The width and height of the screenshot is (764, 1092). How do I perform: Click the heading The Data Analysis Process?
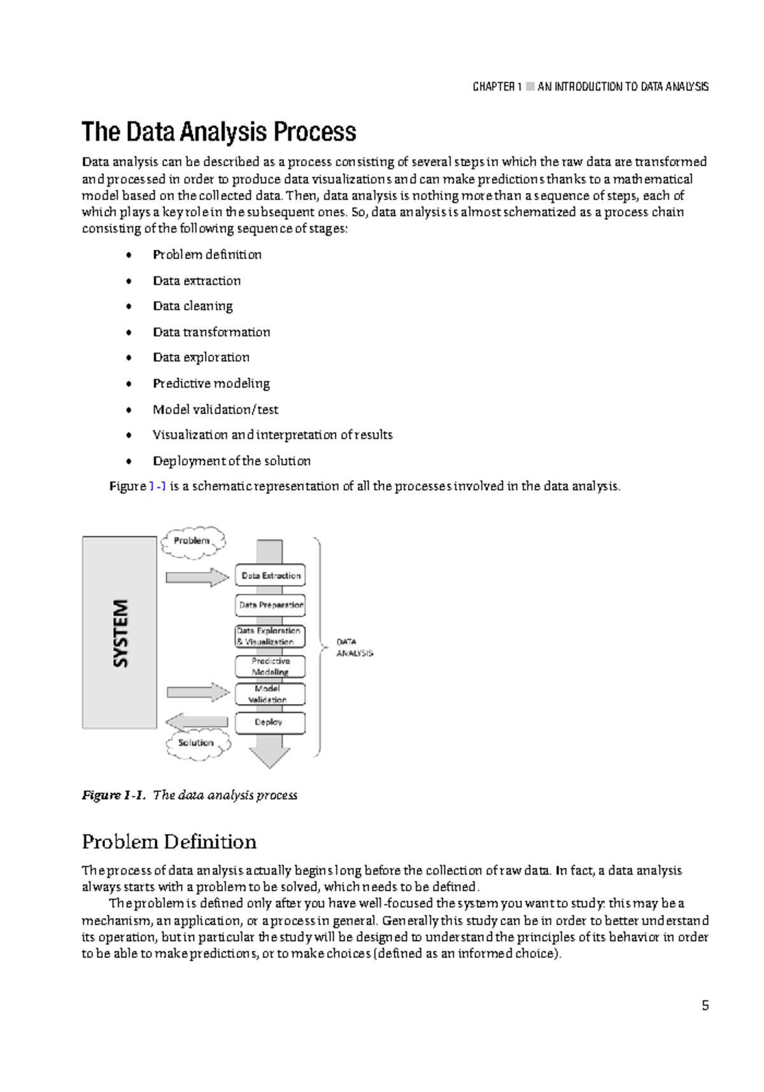click(x=218, y=132)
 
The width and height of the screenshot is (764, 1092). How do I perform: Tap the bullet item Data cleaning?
click(x=192, y=306)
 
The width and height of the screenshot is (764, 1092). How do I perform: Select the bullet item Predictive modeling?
click(x=211, y=383)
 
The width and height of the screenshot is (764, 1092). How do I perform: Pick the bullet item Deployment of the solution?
click(x=231, y=461)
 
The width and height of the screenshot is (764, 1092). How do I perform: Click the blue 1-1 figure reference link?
click(x=157, y=486)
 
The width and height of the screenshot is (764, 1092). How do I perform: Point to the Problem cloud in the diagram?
click(x=193, y=541)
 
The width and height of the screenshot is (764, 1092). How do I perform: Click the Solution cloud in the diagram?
click(x=197, y=743)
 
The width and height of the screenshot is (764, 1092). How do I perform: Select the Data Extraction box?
click(x=271, y=575)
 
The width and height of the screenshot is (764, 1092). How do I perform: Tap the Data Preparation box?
click(x=271, y=605)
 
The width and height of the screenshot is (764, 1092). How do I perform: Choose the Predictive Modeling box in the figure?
click(x=270, y=666)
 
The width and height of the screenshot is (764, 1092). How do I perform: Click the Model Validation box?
click(x=270, y=694)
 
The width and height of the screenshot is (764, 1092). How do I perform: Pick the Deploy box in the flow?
click(x=270, y=722)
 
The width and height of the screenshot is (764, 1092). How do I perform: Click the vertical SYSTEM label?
click(x=120, y=633)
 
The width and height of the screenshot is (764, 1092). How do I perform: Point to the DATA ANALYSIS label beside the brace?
click(x=355, y=647)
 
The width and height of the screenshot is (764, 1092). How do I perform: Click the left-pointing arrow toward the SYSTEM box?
click(x=196, y=722)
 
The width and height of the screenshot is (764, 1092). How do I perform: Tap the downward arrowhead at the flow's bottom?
click(x=269, y=758)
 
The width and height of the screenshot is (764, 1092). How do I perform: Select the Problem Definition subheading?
click(x=169, y=842)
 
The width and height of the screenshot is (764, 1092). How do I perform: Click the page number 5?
click(x=705, y=1005)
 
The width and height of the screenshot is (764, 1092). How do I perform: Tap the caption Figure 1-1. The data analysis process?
click(x=189, y=795)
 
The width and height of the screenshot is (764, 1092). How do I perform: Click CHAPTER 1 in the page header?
click(x=497, y=87)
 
